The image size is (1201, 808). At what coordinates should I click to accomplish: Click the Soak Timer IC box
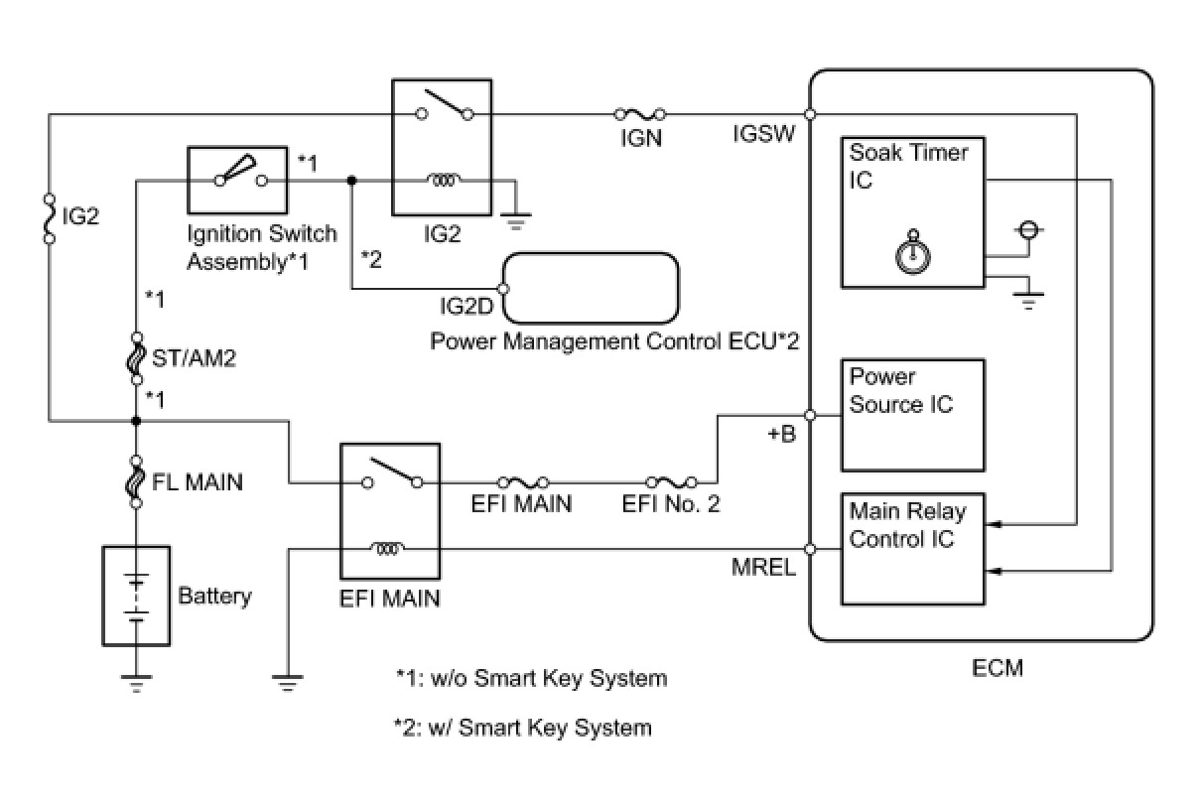pos(911,212)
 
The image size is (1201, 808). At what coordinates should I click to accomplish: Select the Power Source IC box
pos(911,415)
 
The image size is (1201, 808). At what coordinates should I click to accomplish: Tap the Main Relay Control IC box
pos(911,549)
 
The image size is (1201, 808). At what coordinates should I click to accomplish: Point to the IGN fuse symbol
pos(640,114)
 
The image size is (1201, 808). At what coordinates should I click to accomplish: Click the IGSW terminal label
pos(763,133)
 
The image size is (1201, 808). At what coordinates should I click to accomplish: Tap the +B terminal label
pos(781,434)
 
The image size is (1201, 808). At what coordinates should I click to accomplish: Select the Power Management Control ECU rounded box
pos(592,288)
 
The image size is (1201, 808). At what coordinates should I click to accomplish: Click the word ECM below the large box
pos(997,668)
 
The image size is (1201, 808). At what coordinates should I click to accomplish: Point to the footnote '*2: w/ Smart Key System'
pos(523,728)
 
